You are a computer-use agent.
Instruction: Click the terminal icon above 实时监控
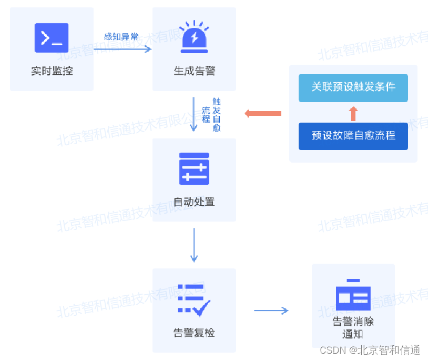(52, 38)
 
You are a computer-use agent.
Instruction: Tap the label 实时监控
(52, 71)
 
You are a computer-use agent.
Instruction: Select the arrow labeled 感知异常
(122, 49)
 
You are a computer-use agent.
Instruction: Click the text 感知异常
(121, 37)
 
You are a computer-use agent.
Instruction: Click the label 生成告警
(194, 71)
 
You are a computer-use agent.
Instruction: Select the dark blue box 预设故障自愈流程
(353, 136)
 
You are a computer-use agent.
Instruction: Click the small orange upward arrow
(353, 113)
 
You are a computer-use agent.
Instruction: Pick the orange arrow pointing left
(263, 113)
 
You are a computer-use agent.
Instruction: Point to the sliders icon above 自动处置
(194, 168)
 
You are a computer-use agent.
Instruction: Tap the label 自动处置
(194, 202)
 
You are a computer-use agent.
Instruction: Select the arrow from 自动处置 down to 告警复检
(194, 245)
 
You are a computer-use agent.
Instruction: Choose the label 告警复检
(194, 333)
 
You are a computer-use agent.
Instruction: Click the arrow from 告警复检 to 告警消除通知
(271, 311)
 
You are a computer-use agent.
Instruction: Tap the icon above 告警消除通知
(353, 295)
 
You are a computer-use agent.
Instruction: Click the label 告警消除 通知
(353, 327)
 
